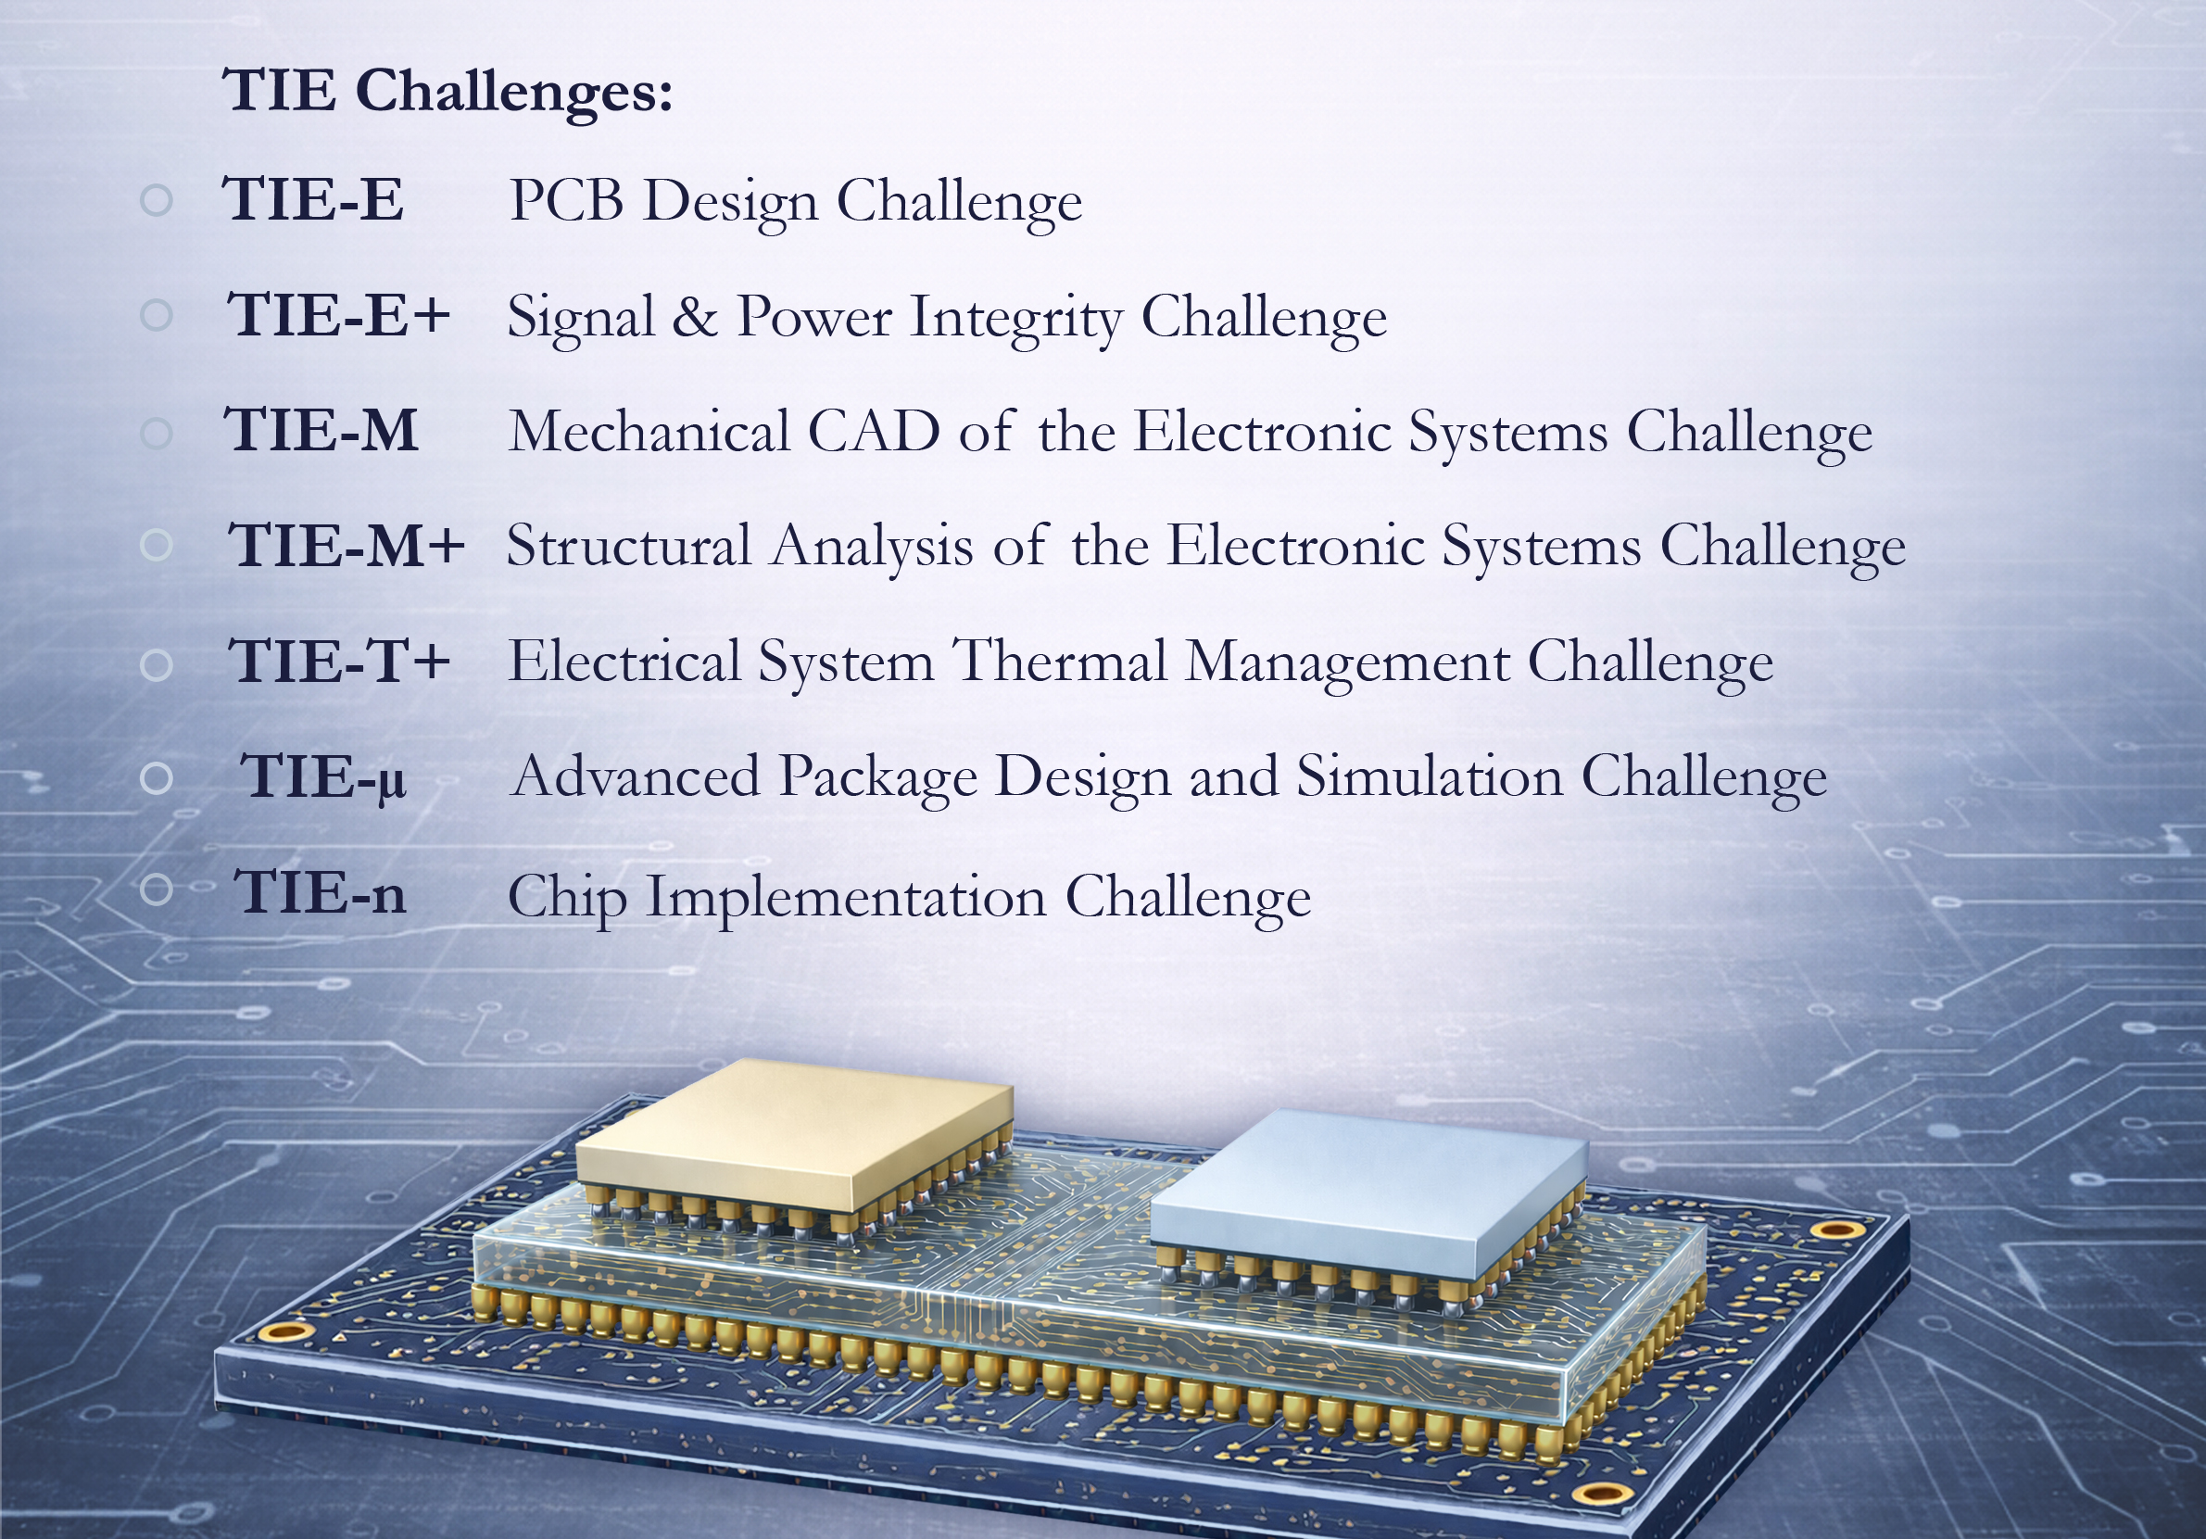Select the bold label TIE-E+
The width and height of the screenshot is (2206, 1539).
coord(338,315)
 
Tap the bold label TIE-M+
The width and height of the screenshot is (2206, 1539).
coord(346,546)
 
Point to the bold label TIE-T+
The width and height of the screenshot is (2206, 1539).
coord(338,661)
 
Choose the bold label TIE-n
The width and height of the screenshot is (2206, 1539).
coord(320,892)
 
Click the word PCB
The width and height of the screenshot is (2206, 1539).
coord(566,201)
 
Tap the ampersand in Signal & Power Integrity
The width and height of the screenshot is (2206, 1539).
coord(695,316)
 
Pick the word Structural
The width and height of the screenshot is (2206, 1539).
coord(629,546)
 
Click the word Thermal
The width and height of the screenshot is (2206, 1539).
coord(1060,661)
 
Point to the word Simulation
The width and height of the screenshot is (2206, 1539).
coord(1430,776)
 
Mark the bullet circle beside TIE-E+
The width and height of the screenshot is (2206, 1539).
coord(156,314)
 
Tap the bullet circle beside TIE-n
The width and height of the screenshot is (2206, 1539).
coord(156,889)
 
